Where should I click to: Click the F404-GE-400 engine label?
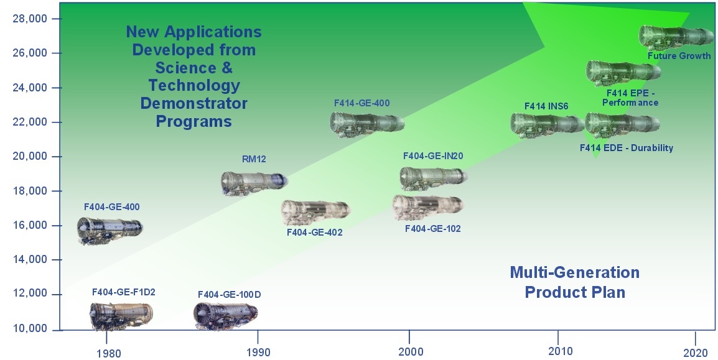[x=112, y=207]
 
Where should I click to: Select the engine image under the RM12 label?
[x=254, y=183]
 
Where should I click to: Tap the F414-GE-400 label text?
[x=361, y=103]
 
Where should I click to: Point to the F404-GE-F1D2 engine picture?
[x=121, y=316]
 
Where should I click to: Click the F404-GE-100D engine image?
[x=225, y=315]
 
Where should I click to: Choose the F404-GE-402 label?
[x=315, y=233]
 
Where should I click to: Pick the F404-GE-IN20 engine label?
[x=432, y=156]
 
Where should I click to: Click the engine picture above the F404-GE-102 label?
[x=427, y=207]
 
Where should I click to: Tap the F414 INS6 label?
[x=546, y=106]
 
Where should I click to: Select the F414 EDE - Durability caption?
[x=627, y=148]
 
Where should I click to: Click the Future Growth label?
[x=679, y=56]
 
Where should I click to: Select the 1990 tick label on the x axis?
[x=258, y=352]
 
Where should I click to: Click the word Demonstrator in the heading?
[x=193, y=103]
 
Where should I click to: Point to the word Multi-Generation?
[x=575, y=272]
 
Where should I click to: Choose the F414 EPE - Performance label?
[x=630, y=98]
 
